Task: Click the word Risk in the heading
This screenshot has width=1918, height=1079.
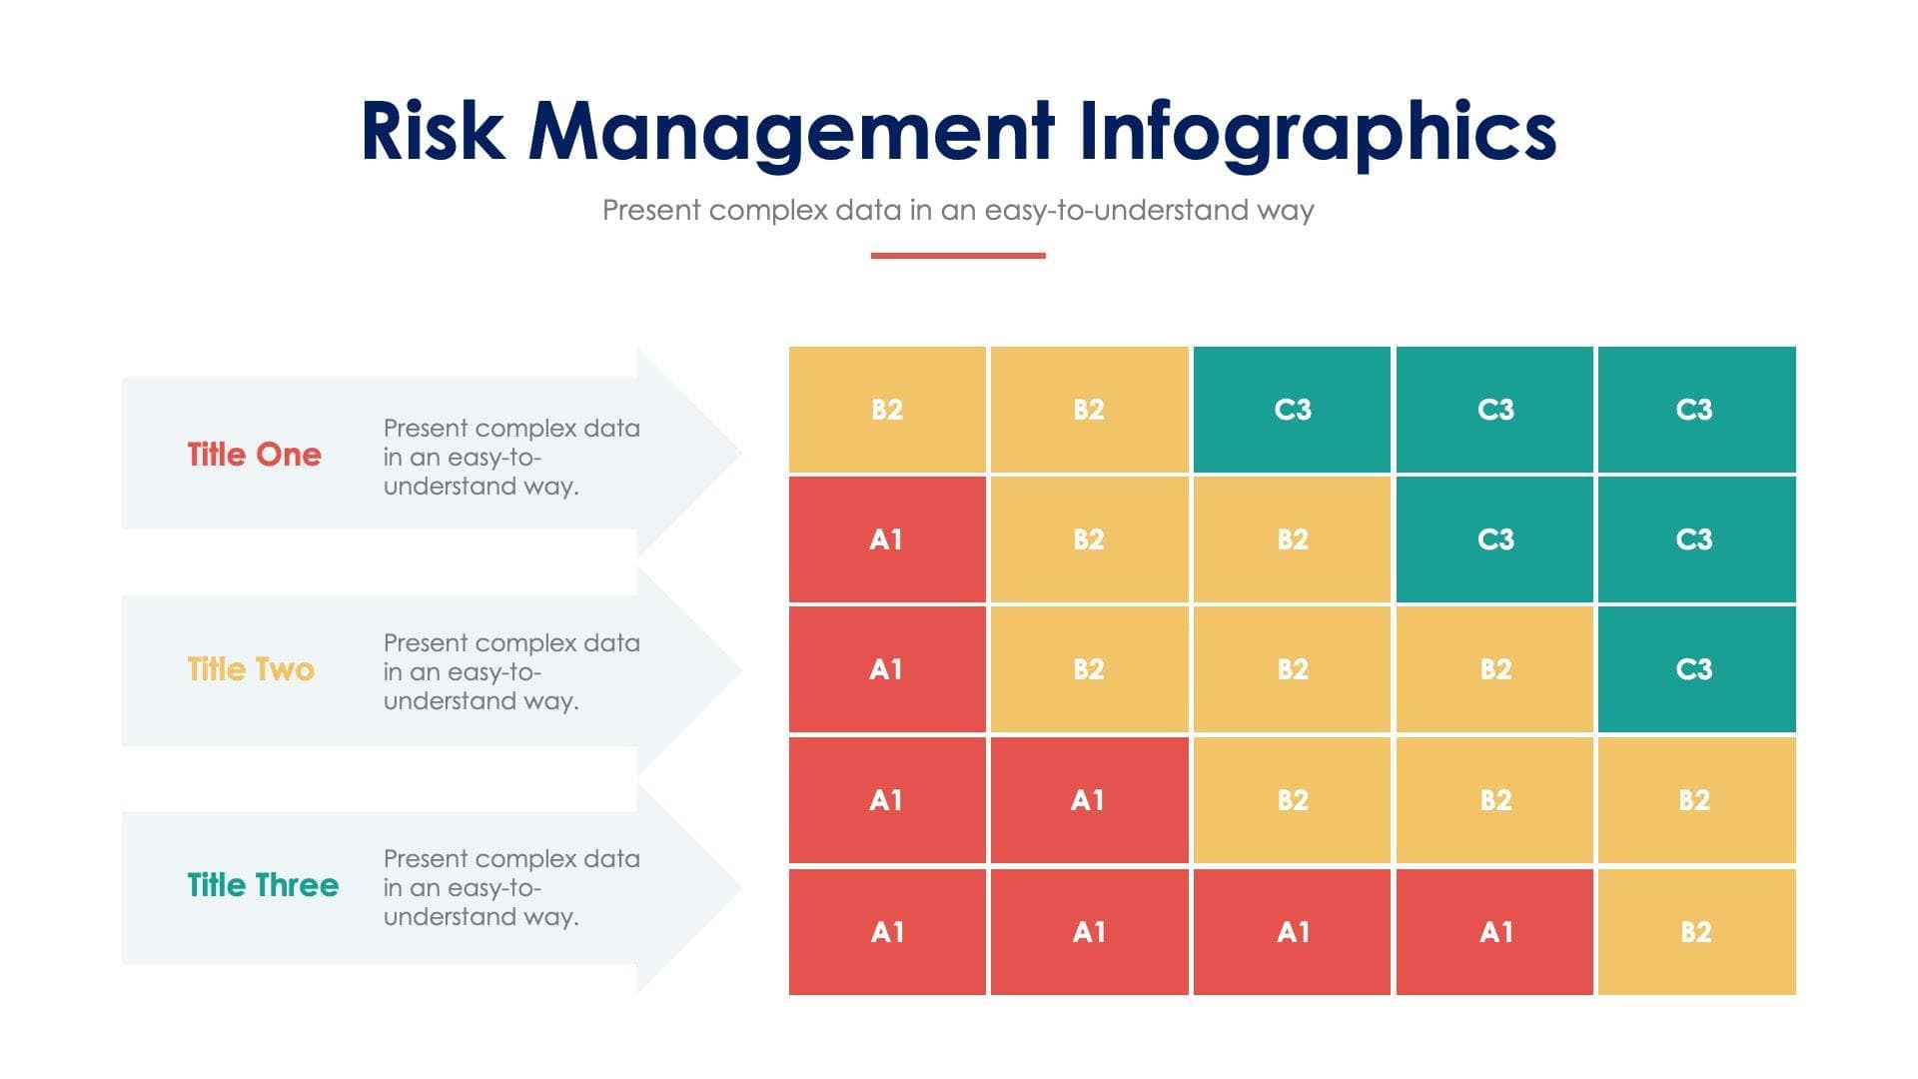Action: [x=432, y=132]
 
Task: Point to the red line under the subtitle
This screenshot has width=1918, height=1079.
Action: [x=958, y=256]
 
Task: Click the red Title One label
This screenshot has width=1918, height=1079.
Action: [x=255, y=455]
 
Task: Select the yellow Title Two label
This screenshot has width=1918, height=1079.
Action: [x=251, y=669]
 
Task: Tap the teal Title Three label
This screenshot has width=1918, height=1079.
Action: [x=263, y=885]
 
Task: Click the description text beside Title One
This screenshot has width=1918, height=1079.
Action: [x=510, y=457]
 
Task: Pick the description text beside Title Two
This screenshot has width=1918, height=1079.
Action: [x=510, y=671]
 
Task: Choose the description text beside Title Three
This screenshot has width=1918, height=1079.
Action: [x=510, y=887]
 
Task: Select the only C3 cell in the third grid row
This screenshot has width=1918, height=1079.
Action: [x=1695, y=669]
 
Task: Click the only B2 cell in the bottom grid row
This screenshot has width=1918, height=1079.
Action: [x=1695, y=932]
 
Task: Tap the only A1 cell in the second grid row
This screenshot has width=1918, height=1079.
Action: [x=887, y=539]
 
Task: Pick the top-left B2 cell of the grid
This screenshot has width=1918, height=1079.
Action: [x=887, y=410]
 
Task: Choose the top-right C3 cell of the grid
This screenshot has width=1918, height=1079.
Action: [x=1695, y=410]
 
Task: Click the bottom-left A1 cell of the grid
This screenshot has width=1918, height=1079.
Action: [x=887, y=932]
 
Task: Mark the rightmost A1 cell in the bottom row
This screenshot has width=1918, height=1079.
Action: [x=1494, y=932]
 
